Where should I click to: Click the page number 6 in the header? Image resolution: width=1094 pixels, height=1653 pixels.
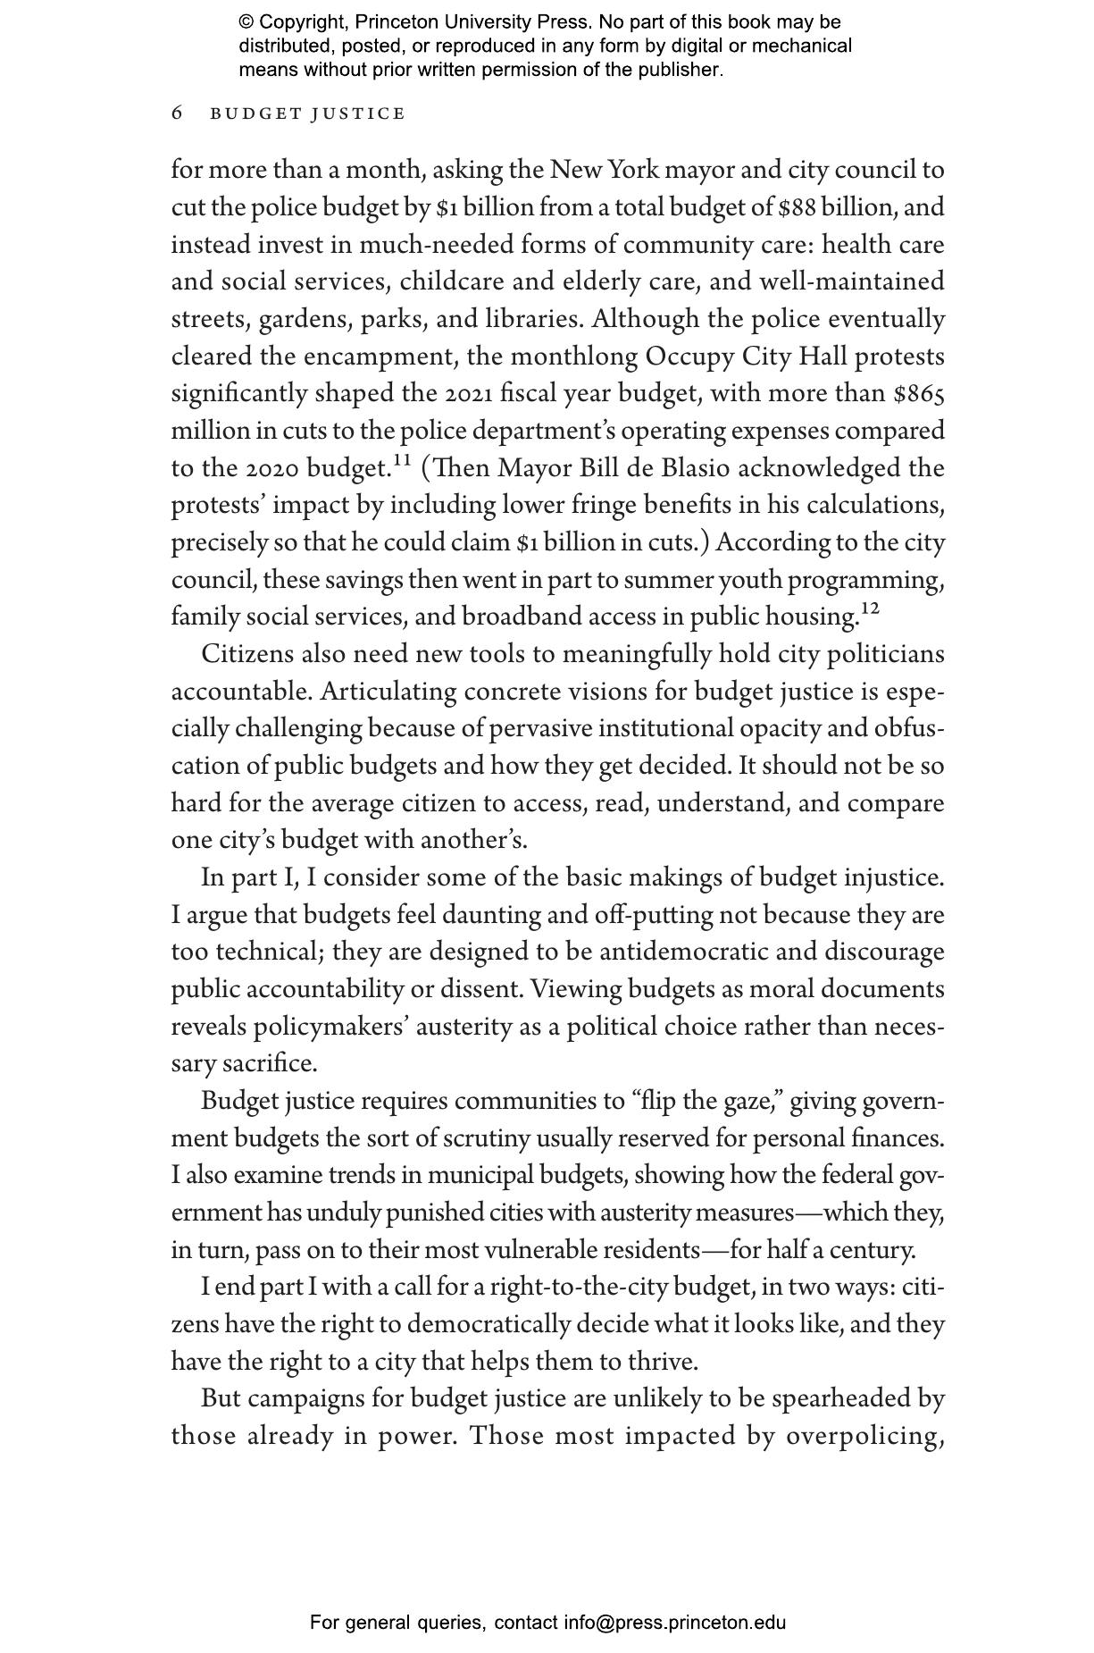pos(177,113)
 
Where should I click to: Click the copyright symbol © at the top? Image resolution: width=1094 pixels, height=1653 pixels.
pos(246,22)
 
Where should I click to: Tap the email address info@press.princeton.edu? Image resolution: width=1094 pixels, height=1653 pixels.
pos(674,1623)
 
